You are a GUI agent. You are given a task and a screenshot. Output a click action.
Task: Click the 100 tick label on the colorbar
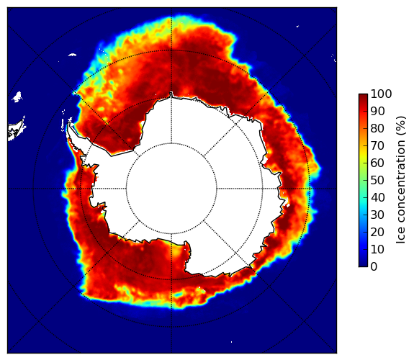[x=381, y=94]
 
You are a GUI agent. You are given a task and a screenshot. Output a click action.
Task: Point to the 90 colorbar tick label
[x=377, y=111]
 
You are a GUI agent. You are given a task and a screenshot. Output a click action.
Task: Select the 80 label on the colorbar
[x=377, y=128]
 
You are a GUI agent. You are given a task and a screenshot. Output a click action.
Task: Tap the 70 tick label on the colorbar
[x=377, y=145]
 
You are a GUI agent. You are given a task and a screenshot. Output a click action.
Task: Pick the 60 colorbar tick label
[x=377, y=163]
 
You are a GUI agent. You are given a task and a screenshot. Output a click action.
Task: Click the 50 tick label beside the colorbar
[x=377, y=181]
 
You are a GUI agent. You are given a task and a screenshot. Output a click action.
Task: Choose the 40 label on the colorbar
[x=377, y=197]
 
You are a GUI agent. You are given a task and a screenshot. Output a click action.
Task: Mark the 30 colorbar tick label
[x=377, y=215]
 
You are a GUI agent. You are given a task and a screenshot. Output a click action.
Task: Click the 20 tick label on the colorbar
[x=377, y=232]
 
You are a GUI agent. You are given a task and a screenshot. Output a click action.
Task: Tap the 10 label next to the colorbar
[x=377, y=250]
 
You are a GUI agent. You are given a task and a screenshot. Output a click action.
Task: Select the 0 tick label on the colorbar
[x=374, y=267]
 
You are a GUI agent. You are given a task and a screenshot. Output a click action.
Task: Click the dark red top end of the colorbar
[x=363, y=96]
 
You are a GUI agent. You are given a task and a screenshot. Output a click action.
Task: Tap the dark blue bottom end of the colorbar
[x=363, y=265]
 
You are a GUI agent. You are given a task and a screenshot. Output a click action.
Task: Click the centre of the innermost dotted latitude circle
[x=171, y=189]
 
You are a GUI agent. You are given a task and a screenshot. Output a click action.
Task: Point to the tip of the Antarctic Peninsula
[x=69, y=123]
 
